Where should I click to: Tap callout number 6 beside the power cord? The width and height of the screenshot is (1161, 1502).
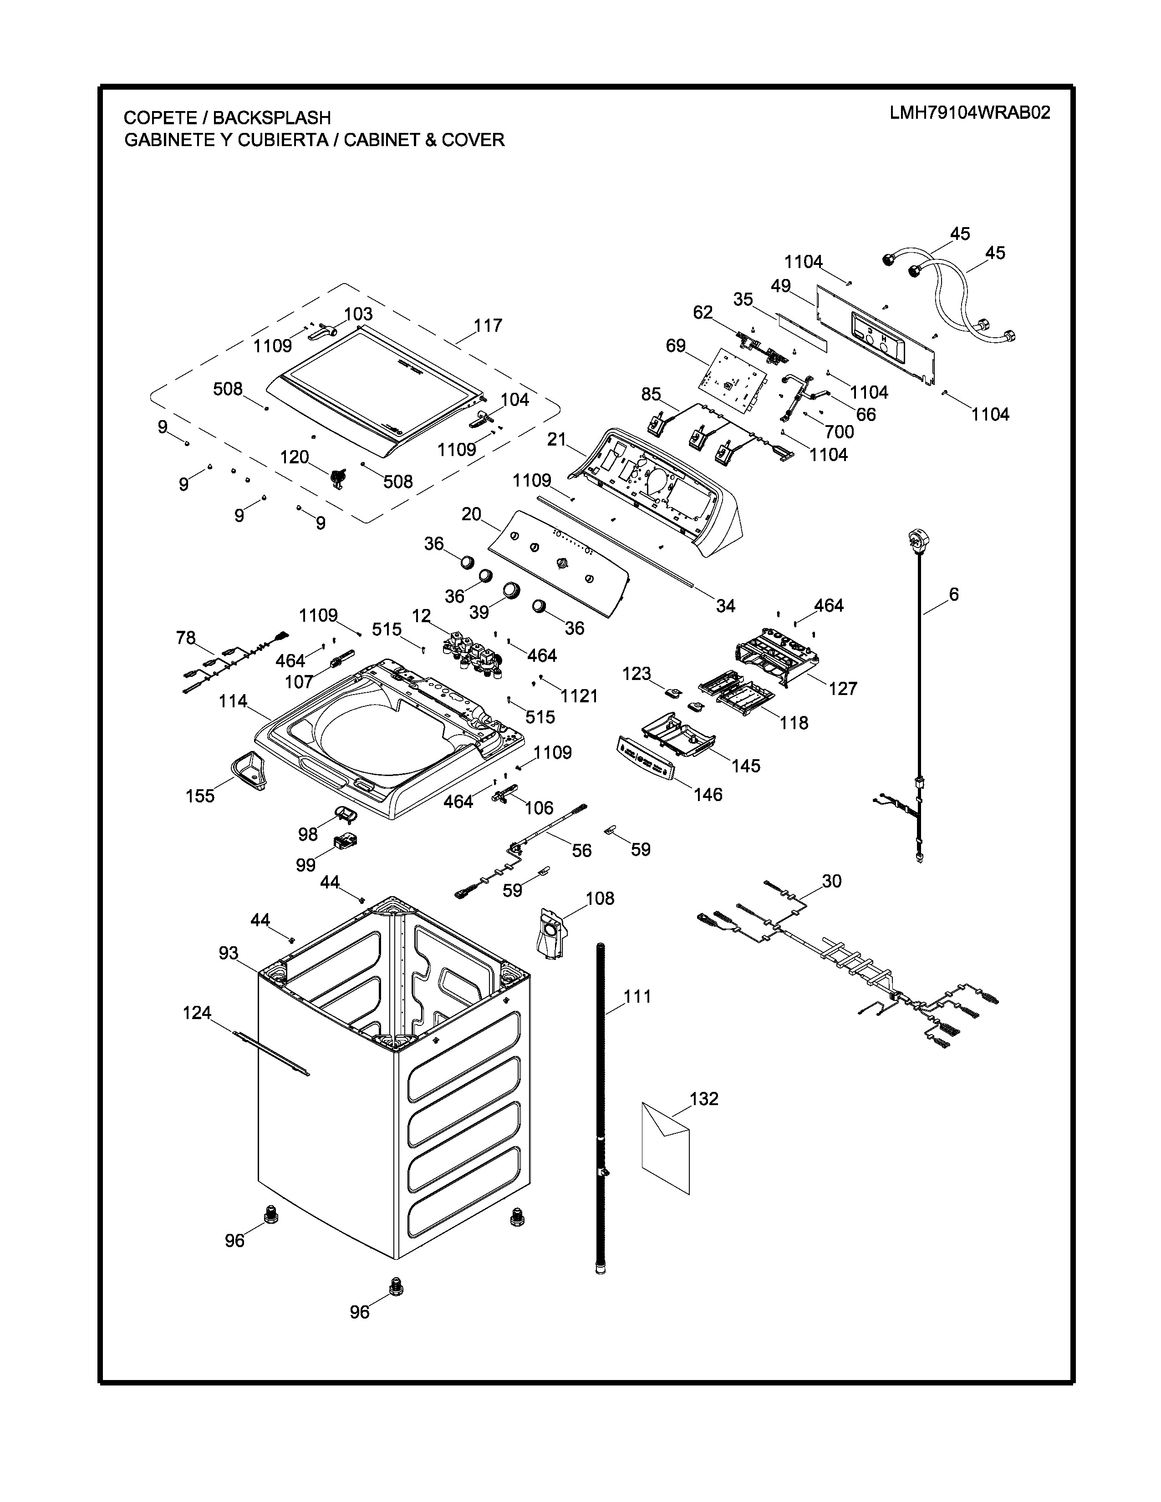tap(953, 594)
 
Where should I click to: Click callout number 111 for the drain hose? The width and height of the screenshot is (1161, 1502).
tap(637, 996)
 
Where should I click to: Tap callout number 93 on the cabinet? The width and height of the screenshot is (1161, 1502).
tap(229, 953)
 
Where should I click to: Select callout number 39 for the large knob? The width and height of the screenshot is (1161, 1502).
tap(479, 612)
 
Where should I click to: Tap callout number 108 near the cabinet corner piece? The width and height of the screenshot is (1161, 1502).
tap(600, 898)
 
